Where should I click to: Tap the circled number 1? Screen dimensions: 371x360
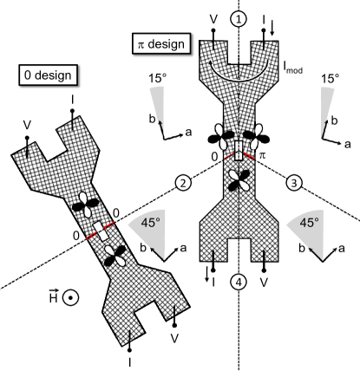coord(237,16)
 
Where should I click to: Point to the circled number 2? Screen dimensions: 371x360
coord(182,183)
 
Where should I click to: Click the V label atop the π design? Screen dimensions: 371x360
coord(213,17)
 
